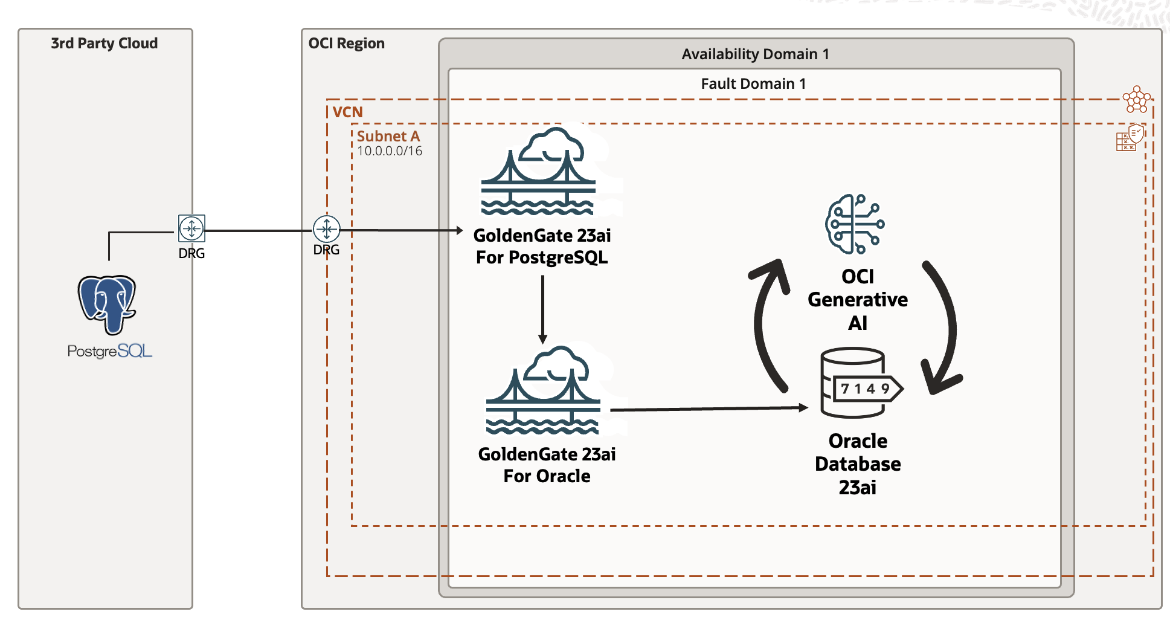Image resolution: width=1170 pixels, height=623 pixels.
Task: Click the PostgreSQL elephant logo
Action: tap(107, 304)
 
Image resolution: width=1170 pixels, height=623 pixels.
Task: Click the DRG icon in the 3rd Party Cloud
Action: tap(191, 228)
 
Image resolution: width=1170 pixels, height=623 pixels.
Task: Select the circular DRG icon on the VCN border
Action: tap(326, 229)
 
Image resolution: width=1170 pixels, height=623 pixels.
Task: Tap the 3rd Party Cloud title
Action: tap(104, 44)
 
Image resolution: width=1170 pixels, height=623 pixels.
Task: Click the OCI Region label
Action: tap(346, 44)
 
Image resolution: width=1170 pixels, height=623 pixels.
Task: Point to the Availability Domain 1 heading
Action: tap(755, 54)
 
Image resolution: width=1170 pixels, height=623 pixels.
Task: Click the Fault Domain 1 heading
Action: tap(753, 84)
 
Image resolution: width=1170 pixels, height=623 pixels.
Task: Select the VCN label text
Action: tap(347, 112)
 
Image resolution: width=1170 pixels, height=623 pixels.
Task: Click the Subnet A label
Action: tap(388, 137)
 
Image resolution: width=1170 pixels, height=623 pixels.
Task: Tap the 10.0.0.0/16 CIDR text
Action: tap(390, 151)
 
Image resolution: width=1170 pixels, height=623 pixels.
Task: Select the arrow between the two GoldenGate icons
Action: tap(542, 308)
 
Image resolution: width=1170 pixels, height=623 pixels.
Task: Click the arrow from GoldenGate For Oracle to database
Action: tap(707, 409)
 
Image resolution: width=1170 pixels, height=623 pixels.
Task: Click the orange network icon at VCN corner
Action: tap(1136, 99)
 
